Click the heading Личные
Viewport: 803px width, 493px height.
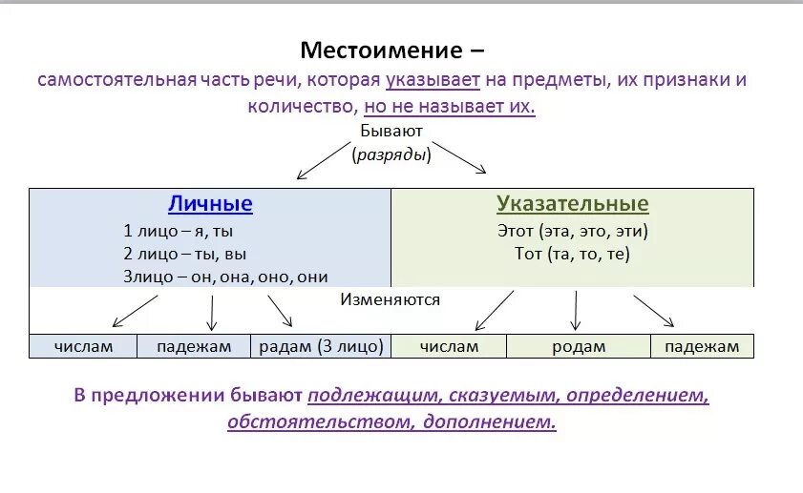(210, 203)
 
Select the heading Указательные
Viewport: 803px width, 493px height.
(572, 203)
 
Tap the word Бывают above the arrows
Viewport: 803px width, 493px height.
(391, 131)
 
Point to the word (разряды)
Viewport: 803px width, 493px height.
(391, 154)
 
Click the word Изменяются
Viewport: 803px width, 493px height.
(391, 299)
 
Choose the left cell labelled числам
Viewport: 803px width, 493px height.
(83, 346)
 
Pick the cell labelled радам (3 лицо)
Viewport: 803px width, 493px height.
(322, 346)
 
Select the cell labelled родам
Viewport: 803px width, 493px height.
(579, 346)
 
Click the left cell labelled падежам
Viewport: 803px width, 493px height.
(194, 346)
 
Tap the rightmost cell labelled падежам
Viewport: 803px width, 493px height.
(702, 346)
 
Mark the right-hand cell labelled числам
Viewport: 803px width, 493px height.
(449, 346)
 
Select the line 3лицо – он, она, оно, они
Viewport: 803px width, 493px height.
(225, 277)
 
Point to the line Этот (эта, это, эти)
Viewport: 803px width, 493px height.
(572, 230)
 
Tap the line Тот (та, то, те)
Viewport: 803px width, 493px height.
(572, 254)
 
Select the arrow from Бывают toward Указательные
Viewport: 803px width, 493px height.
(459, 158)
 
